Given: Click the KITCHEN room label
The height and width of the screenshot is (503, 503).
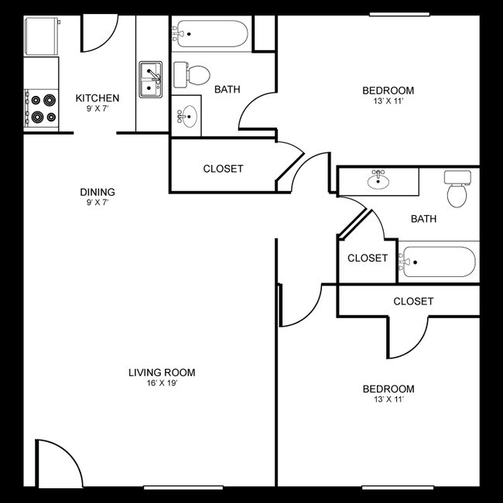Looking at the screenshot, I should [x=97, y=98].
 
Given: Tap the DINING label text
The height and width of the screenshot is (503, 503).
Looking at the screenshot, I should [x=98, y=192].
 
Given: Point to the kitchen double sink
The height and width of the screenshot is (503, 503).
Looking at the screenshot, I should [x=152, y=80].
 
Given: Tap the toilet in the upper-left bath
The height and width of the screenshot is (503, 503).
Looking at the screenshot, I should [x=193, y=74].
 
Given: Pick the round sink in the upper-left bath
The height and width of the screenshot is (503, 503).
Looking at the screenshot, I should [x=187, y=117].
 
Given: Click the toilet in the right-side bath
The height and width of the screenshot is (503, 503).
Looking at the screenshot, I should [x=458, y=190].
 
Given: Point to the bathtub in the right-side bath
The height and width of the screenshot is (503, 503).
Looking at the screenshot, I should [x=438, y=262].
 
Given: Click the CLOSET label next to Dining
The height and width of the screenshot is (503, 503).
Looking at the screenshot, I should [x=223, y=169].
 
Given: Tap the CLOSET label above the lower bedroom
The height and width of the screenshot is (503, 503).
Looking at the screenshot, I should [x=413, y=301].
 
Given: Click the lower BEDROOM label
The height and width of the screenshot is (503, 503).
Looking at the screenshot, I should [x=388, y=388].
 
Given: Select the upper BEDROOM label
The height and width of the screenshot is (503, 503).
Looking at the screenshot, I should [x=388, y=91].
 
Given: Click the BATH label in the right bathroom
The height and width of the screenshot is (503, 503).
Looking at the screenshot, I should [x=423, y=219].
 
